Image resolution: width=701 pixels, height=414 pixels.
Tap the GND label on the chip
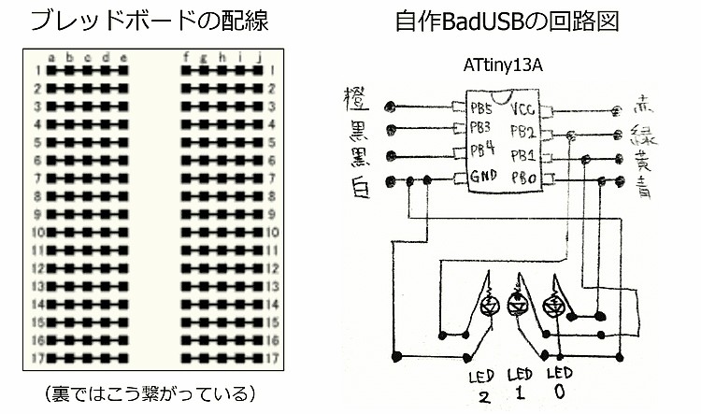point(483,175)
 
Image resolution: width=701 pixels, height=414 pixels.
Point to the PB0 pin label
point(523,177)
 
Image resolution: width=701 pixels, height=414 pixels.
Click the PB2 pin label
point(523,131)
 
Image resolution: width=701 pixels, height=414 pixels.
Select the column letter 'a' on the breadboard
point(51,58)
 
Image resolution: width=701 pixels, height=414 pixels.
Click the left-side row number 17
point(37,358)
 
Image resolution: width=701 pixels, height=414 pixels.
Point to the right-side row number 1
point(271,70)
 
